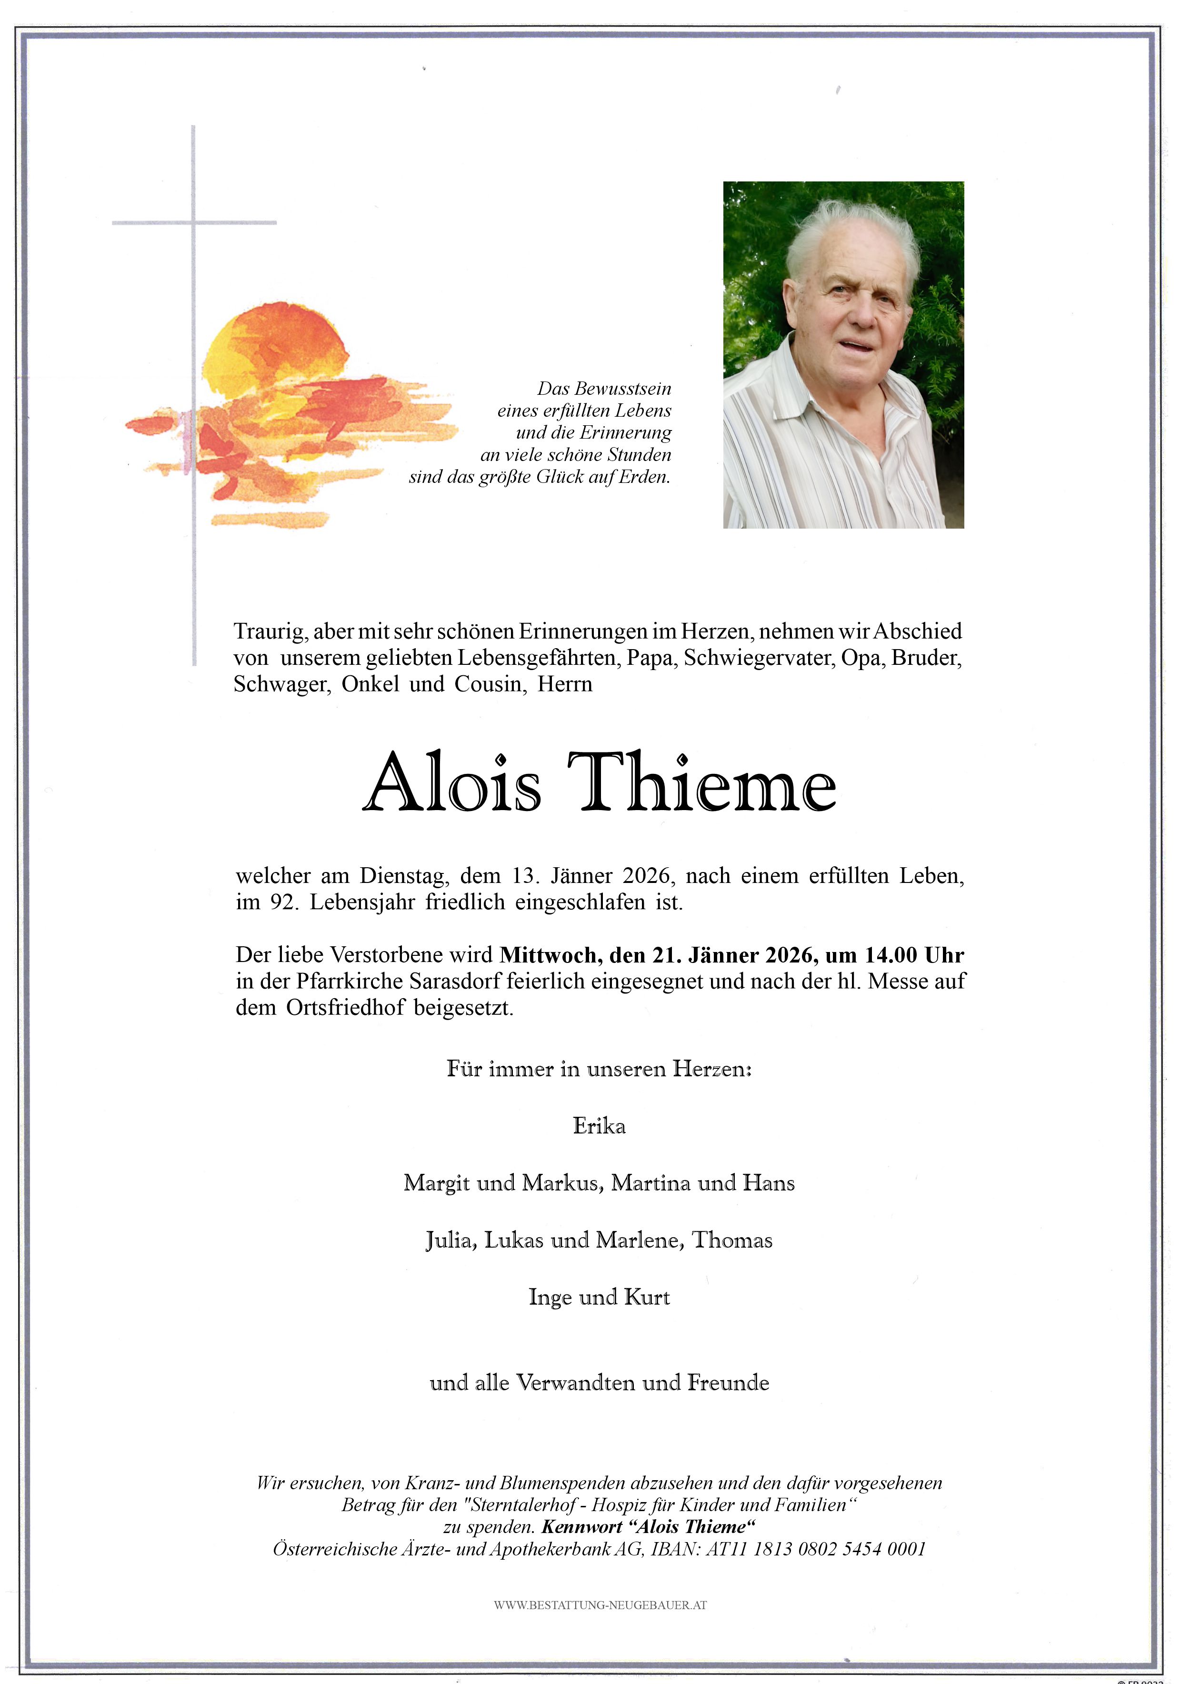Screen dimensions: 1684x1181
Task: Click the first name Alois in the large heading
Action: tap(452, 783)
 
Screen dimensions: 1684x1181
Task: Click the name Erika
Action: tap(599, 1126)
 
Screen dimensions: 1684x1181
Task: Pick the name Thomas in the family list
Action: tap(732, 1240)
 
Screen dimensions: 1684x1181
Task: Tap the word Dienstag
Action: tap(403, 876)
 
